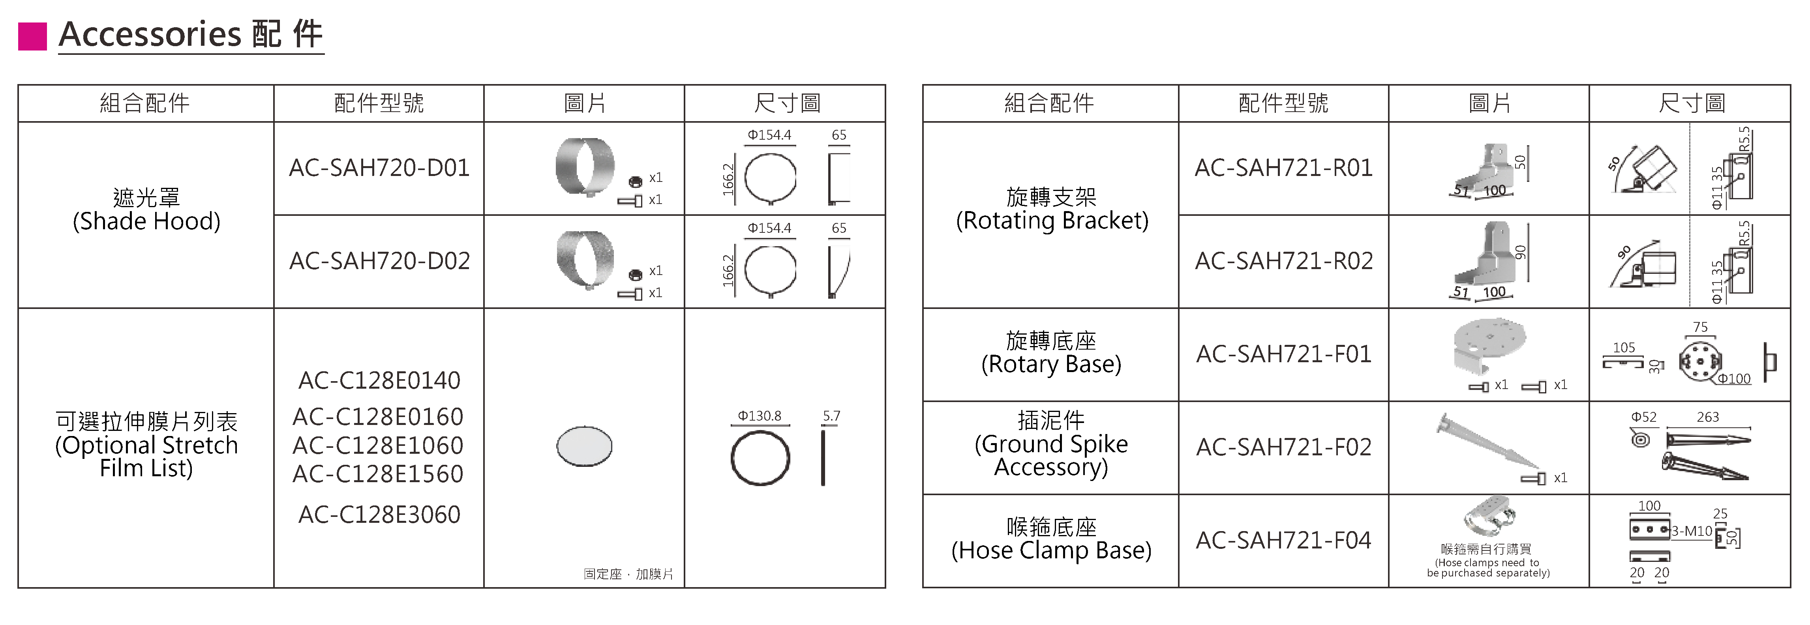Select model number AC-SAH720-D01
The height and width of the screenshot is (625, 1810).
[379, 168]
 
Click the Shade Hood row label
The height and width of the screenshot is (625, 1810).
[146, 209]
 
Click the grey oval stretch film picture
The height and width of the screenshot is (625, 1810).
[584, 446]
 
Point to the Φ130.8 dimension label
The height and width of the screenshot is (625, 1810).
[760, 416]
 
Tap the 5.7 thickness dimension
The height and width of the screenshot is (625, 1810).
[831, 416]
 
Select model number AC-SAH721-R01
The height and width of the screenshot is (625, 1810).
[1284, 168]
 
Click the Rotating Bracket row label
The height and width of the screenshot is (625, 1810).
[1052, 209]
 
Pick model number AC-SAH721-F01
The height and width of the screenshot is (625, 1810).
[1284, 354]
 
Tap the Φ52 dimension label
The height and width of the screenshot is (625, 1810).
[1643, 417]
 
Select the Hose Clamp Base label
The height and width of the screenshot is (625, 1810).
[1052, 539]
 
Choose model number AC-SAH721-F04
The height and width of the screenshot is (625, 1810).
[1284, 540]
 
